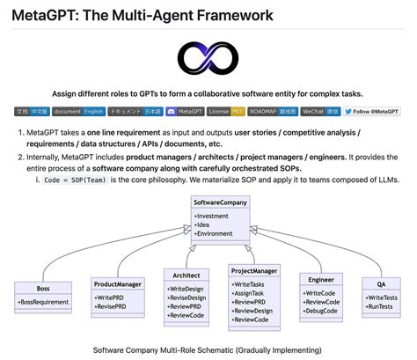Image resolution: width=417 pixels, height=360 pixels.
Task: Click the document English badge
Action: (x=80, y=112)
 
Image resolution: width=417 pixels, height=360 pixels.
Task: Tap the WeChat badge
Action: (x=320, y=112)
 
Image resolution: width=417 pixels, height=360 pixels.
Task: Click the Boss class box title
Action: (x=43, y=289)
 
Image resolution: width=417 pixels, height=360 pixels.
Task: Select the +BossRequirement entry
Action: (x=44, y=302)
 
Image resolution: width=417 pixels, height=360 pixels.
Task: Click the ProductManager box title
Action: (x=117, y=283)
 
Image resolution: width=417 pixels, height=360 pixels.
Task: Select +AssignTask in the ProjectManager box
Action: (x=252, y=294)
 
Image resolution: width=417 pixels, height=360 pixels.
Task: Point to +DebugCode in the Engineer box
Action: (x=321, y=311)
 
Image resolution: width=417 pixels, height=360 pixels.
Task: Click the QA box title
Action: (x=381, y=284)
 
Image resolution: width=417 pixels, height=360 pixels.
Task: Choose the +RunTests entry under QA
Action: (x=380, y=307)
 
